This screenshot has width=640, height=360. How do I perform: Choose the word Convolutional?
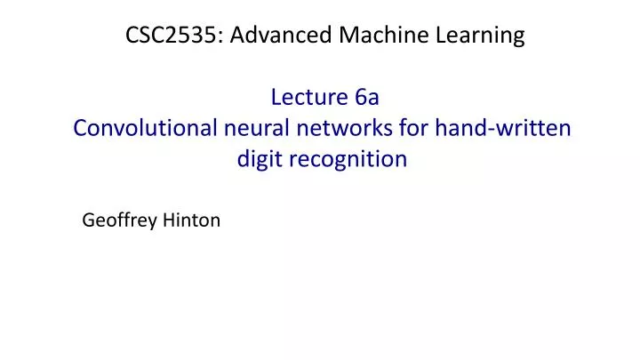pos(142,128)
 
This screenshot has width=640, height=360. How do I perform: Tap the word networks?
pos(333,128)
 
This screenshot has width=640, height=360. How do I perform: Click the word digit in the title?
pos(259,160)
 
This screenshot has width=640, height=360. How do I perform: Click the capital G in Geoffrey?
pos(88,220)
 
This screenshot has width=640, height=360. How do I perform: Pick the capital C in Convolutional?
pos(80,128)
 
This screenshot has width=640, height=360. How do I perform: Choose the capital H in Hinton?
pos(168,220)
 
